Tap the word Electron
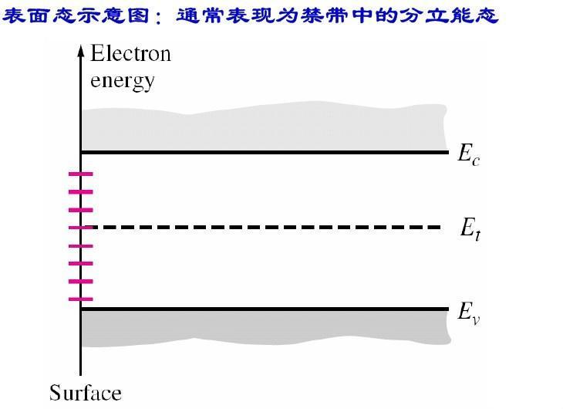coord(130,54)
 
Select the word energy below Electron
coord(123,79)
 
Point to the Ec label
coord(469,154)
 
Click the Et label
coord(470,228)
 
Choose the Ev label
coord(469,313)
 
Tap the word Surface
coord(85,393)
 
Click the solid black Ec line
coord(262,152)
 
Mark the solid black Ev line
coord(262,309)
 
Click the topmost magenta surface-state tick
coord(80,174)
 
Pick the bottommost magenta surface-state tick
coord(80,299)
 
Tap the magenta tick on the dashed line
coord(80,228)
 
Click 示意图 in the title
coord(105,15)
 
